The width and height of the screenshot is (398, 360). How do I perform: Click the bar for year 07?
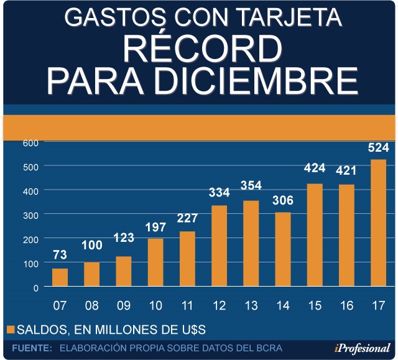point(60,277)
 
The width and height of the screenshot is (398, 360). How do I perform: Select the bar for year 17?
point(379,223)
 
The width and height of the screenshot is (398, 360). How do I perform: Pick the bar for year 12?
point(219,246)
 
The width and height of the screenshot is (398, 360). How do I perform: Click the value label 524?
point(378,148)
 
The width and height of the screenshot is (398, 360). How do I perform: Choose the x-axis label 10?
point(155,307)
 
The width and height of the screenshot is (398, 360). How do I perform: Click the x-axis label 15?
point(315,307)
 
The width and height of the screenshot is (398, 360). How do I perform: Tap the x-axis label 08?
point(91,307)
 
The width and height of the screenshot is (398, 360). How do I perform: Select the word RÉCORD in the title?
point(199,49)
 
